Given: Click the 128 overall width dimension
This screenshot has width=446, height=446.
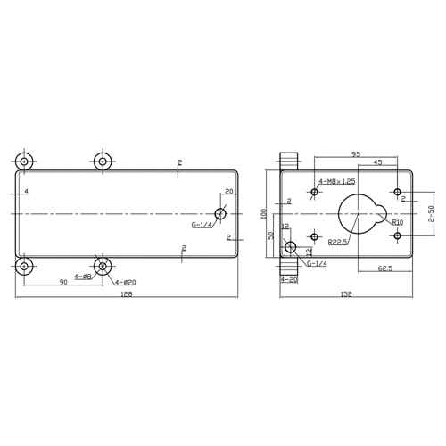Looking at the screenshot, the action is [x=127, y=294].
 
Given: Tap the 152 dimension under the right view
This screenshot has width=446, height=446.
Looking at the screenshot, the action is [x=346, y=294].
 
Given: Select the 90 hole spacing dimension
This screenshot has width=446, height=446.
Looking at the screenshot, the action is [x=63, y=282].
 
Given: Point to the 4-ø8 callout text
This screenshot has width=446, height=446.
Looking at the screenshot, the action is [x=82, y=277].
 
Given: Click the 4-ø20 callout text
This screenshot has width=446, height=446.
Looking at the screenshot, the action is [x=125, y=283].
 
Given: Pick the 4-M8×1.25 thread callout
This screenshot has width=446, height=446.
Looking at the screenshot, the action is [x=337, y=181].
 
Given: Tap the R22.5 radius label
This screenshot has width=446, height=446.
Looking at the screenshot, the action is [x=338, y=242].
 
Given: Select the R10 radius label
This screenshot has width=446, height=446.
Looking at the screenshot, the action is [x=398, y=222].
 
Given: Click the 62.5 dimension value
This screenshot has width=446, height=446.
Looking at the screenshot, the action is [x=385, y=268].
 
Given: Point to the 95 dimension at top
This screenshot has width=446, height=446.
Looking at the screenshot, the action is [x=356, y=154].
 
